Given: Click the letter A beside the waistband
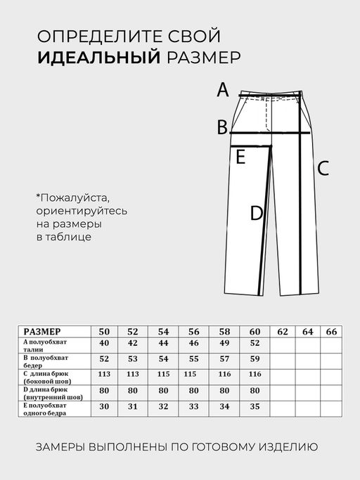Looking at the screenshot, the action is pyautogui.click(x=222, y=90).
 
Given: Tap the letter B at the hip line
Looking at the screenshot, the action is pyautogui.click(x=222, y=127).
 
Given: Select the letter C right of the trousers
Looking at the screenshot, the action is pyautogui.click(x=323, y=169).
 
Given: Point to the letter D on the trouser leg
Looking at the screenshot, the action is pyautogui.click(x=257, y=213).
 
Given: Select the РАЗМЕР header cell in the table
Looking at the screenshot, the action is pyautogui.click(x=42, y=332).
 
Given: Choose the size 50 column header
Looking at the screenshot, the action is pyautogui.click(x=105, y=332).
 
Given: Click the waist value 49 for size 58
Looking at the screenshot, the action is pyautogui.click(x=225, y=343).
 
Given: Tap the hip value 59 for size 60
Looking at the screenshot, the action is pyautogui.click(x=255, y=359).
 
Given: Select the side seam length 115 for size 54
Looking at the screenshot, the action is pyautogui.click(x=164, y=375).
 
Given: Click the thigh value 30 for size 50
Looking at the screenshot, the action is pyautogui.click(x=105, y=406).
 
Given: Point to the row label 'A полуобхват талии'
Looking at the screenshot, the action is pyautogui.click(x=48, y=343).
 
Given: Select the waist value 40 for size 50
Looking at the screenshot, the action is pyautogui.click(x=105, y=343).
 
